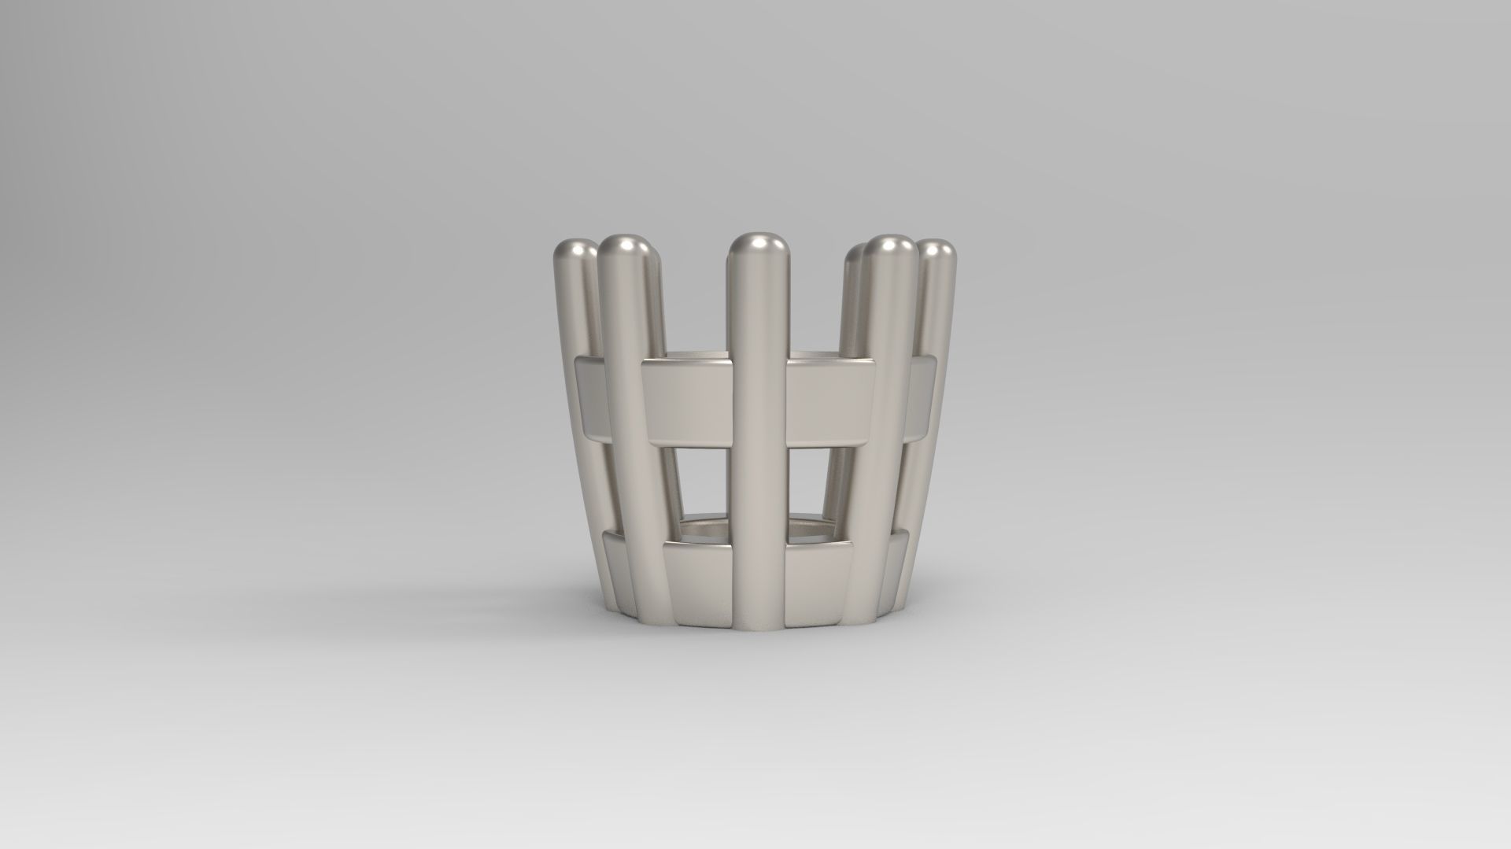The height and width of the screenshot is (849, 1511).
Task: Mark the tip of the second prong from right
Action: tap(890, 248)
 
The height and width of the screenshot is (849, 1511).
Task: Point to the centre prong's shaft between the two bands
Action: tap(758, 488)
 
